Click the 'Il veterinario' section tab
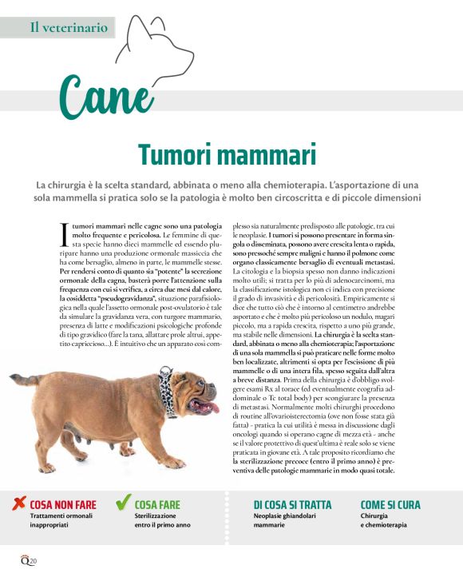[x=68, y=27]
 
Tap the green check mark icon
[x=124, y=503]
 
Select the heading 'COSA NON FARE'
[x=62, y=505]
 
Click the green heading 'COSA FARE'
[x=157, y=505]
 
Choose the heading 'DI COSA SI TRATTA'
[x=292, y=505]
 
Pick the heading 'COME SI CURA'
[x=390, y=505]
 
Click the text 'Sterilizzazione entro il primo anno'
[x=162, y=521]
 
